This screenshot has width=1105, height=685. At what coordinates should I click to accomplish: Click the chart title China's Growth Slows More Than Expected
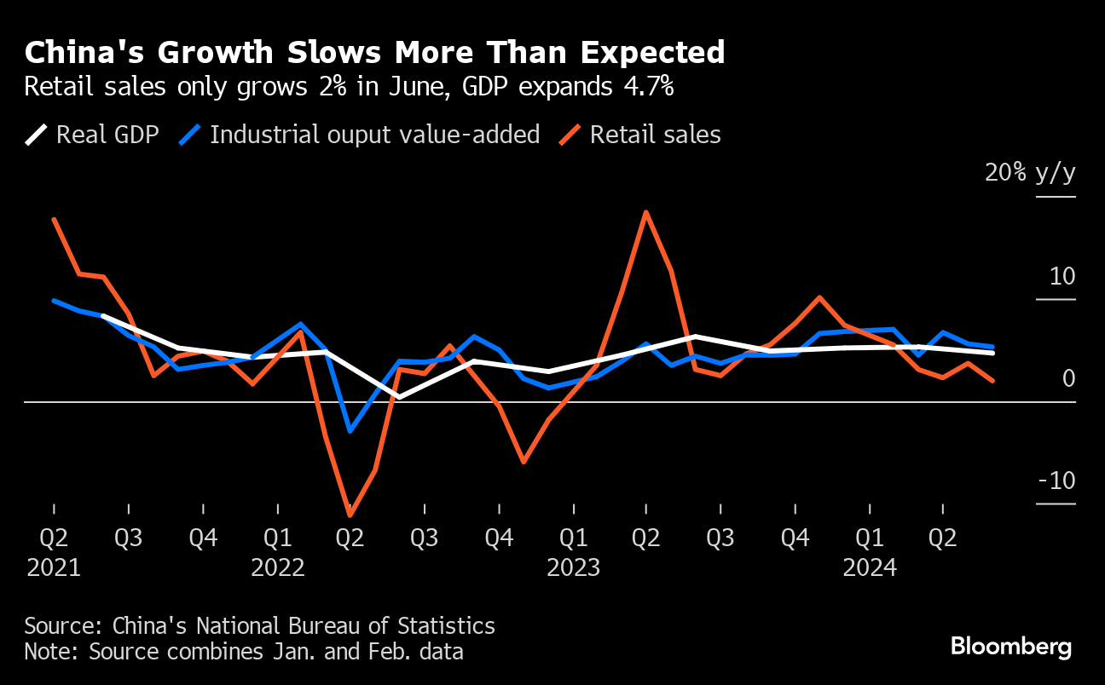click(374, 53)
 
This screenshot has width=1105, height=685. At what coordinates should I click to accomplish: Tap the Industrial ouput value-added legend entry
click(359, 135)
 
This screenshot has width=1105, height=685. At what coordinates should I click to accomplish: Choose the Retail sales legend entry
click(639, 135)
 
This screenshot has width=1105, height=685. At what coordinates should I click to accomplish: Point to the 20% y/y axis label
click(1030, 173)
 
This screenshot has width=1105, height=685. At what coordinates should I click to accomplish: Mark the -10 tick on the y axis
click(1056, 481)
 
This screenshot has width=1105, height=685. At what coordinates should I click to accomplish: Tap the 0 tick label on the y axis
click(1068, 378)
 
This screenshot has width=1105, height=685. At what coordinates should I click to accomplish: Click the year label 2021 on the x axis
click(54, 568)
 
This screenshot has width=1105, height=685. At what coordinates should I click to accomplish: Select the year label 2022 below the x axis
click(278, 568)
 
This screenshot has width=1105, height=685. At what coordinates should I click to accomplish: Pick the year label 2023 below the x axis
click(574, 568)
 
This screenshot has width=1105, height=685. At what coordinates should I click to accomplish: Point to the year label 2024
click(870, 568)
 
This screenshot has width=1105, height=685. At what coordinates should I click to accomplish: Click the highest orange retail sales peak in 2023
click(646, 212)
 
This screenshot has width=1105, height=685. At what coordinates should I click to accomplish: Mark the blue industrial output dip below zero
click(350, 431)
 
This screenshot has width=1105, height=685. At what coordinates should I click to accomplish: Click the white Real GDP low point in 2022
click(399, 397)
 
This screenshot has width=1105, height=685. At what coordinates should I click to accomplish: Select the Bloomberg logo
click(1011, 647)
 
